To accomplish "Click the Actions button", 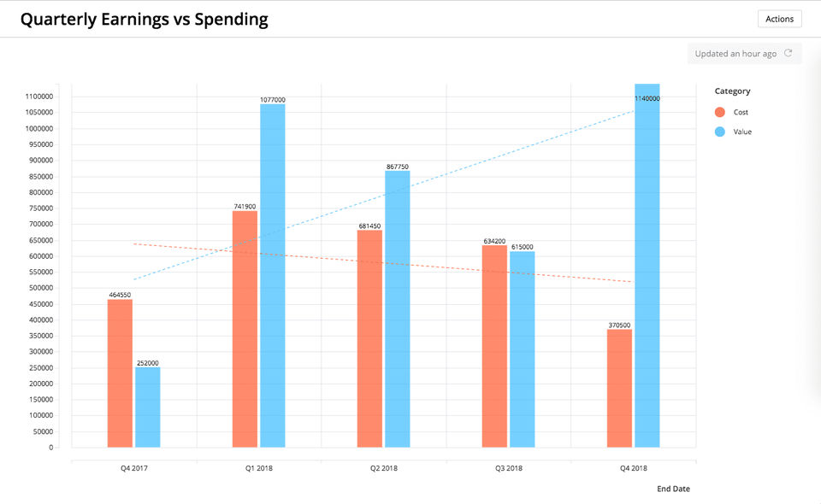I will (x=779, y=19).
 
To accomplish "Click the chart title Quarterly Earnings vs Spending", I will (x=144, y=19).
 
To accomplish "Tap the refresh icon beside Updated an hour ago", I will (x=789, y=54).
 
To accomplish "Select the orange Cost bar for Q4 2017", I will (x=121, y=373).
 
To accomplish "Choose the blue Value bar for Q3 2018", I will (x=522, y=349).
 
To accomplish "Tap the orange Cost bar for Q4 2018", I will (x=619, y=388).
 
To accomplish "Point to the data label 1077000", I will (x=273, y=100).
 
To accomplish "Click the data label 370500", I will (x=619, y=325).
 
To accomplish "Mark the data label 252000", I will (x=148, y=363).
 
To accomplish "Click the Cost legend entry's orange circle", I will (x=719, y=112).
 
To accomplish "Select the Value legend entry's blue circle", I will (x=719, y=132).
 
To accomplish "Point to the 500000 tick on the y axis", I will (x=38, y=288).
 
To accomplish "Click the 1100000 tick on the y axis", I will (x=37, y=97).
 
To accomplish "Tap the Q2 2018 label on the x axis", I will (x=384, y=468).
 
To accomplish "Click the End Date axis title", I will (x=673, y=489).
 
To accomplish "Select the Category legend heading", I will (x=732, y=91).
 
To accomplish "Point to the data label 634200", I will (x=494, y=241).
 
